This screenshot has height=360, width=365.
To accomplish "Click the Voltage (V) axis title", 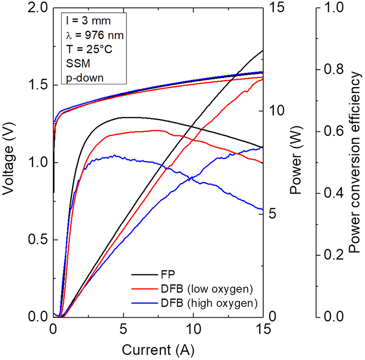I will click(x=10, y=162).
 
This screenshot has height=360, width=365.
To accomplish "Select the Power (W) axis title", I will click(x=296, y=162).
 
